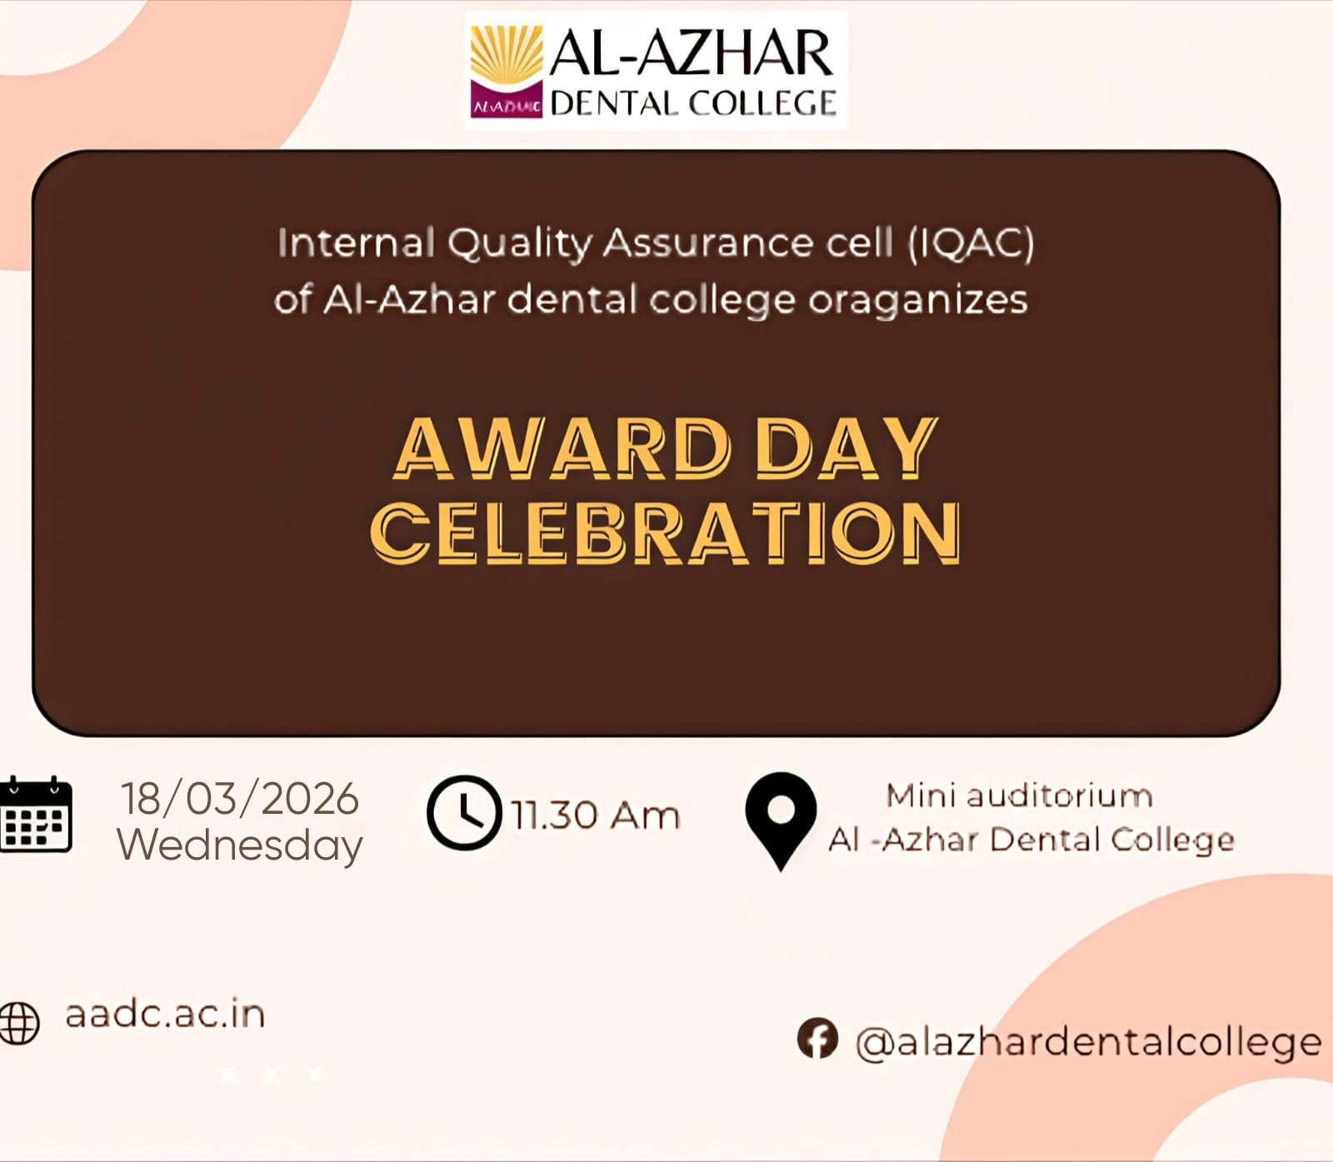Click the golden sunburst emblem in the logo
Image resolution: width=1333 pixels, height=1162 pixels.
point(507,53)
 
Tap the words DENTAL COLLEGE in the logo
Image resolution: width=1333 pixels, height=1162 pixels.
point(693,103)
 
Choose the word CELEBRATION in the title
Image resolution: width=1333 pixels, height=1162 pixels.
point(665,532)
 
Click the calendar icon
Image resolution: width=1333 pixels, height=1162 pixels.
point(35,814)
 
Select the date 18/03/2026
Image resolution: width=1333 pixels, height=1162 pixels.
point(240,798)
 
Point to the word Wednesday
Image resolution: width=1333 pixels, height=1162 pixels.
point(240,845)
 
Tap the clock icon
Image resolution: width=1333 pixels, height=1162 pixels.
point(464,813)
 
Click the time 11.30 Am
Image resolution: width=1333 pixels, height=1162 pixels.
point(596,815)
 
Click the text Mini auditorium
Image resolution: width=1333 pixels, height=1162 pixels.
point(1020,795)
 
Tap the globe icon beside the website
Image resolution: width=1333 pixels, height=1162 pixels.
point(18,1021)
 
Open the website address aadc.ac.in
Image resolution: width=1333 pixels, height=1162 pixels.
point(165,1014)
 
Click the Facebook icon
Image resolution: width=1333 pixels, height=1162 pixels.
point(817,1038)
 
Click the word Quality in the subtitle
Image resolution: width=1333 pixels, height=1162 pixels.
point(519,244)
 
